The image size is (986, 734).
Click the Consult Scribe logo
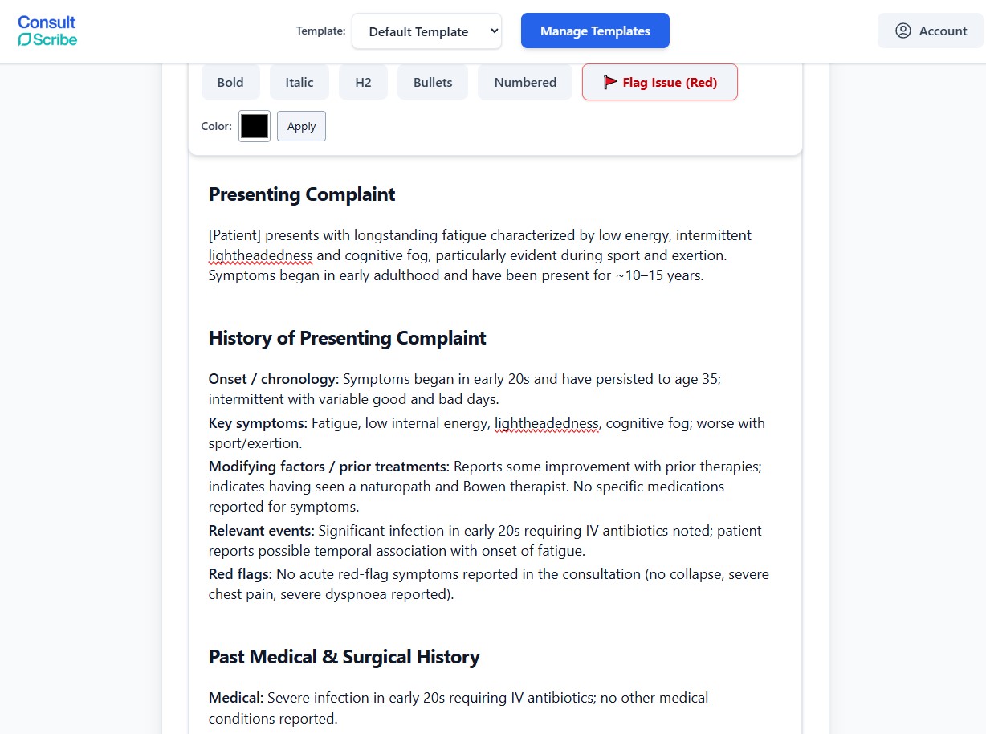47,31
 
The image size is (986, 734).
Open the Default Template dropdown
426,31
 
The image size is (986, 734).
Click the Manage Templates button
595,31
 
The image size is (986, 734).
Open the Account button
930,31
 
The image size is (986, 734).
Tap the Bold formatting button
230,82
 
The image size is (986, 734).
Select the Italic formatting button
299,82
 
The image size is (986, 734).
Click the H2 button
363,82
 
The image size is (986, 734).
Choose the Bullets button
433,82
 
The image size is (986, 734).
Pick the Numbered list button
525,82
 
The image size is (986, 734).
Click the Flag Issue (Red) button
659,82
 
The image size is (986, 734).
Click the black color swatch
255,126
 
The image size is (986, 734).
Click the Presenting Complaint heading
302,194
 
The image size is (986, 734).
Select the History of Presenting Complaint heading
347,338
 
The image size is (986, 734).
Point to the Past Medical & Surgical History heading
344,657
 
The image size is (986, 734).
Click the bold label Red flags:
240,574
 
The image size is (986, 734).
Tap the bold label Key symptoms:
258,423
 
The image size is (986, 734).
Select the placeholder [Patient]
234,235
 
